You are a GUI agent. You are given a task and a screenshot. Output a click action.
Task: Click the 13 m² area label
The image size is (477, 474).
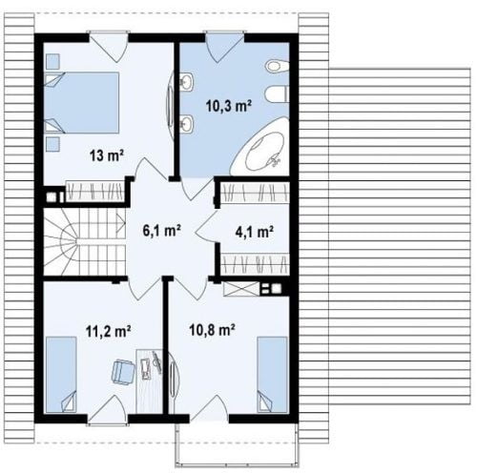coord(106,156)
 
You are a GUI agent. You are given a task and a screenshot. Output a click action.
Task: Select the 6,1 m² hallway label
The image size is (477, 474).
coord(162,231)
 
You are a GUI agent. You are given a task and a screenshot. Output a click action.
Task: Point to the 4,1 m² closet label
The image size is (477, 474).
coord(255,232)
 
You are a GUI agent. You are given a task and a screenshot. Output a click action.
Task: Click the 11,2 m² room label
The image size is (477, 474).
coord(108,331)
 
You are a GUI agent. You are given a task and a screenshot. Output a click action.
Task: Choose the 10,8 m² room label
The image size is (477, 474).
coord(212,330)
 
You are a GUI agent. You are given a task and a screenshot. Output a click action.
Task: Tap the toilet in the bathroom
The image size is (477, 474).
coord(277,94)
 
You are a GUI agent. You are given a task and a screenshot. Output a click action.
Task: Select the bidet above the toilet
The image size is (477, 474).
coord(277,66)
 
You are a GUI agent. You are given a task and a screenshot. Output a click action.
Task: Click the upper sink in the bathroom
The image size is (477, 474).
coord(187,81)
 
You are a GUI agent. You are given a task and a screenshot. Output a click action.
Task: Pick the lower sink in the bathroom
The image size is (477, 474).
coord(187,122)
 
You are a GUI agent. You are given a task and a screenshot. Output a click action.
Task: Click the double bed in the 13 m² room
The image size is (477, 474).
coord(81,102)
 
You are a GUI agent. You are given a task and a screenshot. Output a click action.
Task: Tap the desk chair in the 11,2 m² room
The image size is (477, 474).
coord(122,371)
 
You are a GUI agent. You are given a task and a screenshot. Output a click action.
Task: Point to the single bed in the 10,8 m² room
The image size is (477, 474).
coord(272,375)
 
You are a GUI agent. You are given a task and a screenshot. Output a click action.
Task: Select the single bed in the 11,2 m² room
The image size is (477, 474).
coord(61,375)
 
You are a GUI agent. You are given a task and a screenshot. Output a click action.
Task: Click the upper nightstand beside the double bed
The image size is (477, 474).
coord(52,61)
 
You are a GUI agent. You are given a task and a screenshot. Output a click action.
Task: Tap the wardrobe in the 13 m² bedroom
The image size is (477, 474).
coord(94,191)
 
